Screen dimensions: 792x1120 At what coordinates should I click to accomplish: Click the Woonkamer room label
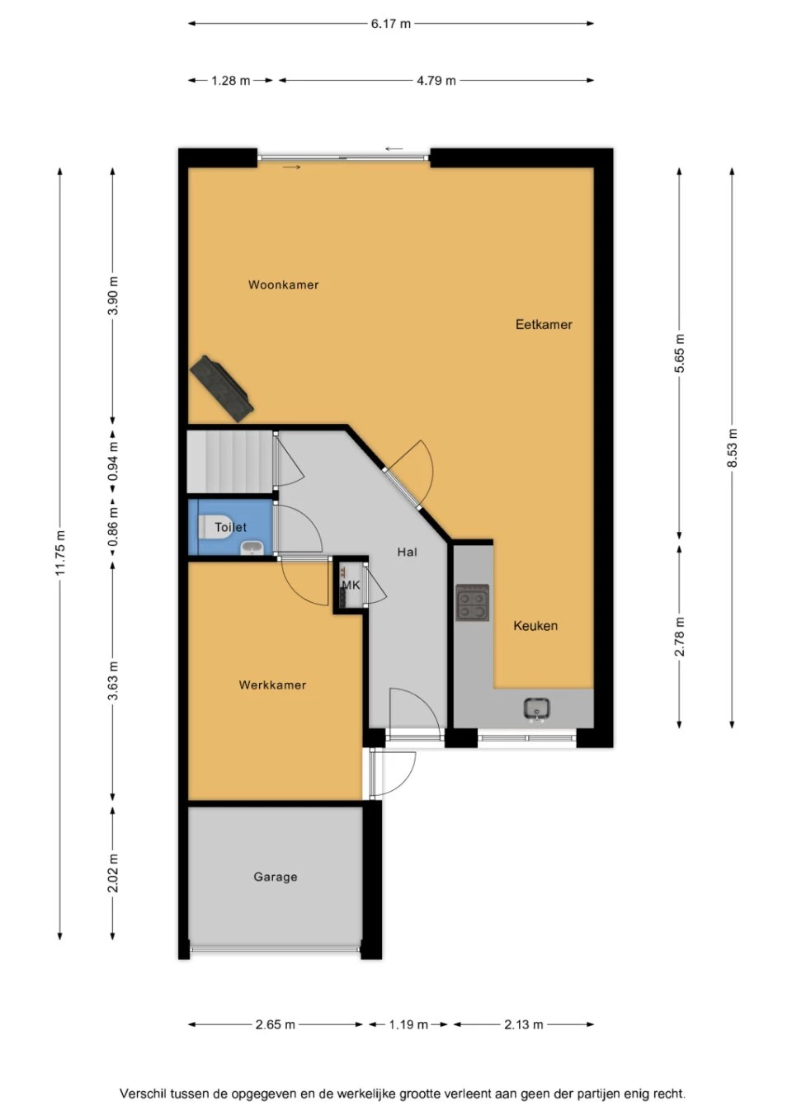click(x=284, y=285)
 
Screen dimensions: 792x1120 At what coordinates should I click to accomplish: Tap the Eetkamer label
click(x=544, y=324)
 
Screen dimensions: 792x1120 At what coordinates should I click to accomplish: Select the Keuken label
click(x=535, y=625)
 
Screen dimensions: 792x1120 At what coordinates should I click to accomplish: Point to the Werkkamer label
click(x=272, y=685)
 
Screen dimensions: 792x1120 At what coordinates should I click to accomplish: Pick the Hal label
click(x=407, y=552)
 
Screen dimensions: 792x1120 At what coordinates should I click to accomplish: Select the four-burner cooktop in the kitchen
click(x=473, y=603)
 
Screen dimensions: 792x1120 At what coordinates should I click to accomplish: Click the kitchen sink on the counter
click(x=537, y=709)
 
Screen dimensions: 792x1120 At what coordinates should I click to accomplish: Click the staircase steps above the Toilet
click(x=230, y=462)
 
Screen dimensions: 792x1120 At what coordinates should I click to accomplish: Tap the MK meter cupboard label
click(x=351, y=585)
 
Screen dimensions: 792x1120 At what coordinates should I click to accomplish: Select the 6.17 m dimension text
click(x=391, y=23)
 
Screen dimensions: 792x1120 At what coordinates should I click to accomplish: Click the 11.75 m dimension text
click(x=60, y=553)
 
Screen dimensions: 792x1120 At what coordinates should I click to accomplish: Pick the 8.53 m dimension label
click(x=732, y=448)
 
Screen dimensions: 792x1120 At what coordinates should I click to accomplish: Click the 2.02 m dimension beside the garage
click(x=114, y=873)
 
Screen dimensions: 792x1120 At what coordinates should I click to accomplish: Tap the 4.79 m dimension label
click(x=436, y=81)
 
